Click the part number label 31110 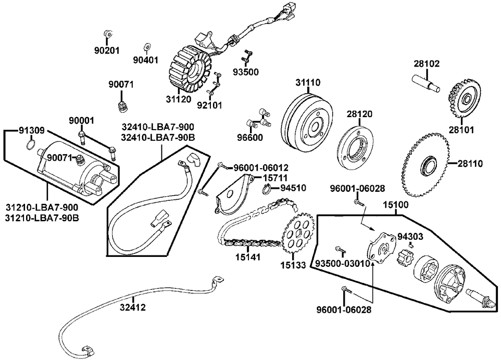tap(308, 83)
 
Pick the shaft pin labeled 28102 tap(425, 84)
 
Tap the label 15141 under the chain tap(247, 257)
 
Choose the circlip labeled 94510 tap(268, 189)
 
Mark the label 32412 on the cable tap(133, 307)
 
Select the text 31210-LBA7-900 tap(42, 207)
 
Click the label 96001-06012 tap(261, 167)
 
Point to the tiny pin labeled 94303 tap(411, 245)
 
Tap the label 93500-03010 tap(343, 264)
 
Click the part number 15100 tap(396, 205)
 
